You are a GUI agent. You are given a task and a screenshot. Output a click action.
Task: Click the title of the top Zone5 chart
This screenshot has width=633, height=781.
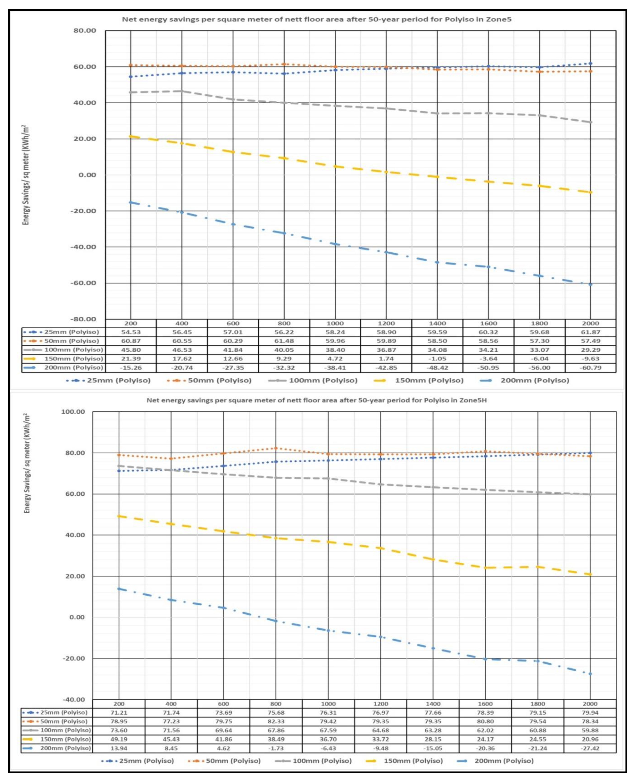316,19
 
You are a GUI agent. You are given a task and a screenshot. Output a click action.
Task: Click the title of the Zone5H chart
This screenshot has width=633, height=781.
316,400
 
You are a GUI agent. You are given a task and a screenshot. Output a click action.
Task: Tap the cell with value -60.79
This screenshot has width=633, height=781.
590,367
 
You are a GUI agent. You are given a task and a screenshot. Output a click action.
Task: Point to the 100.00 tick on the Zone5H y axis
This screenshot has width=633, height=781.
73,412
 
